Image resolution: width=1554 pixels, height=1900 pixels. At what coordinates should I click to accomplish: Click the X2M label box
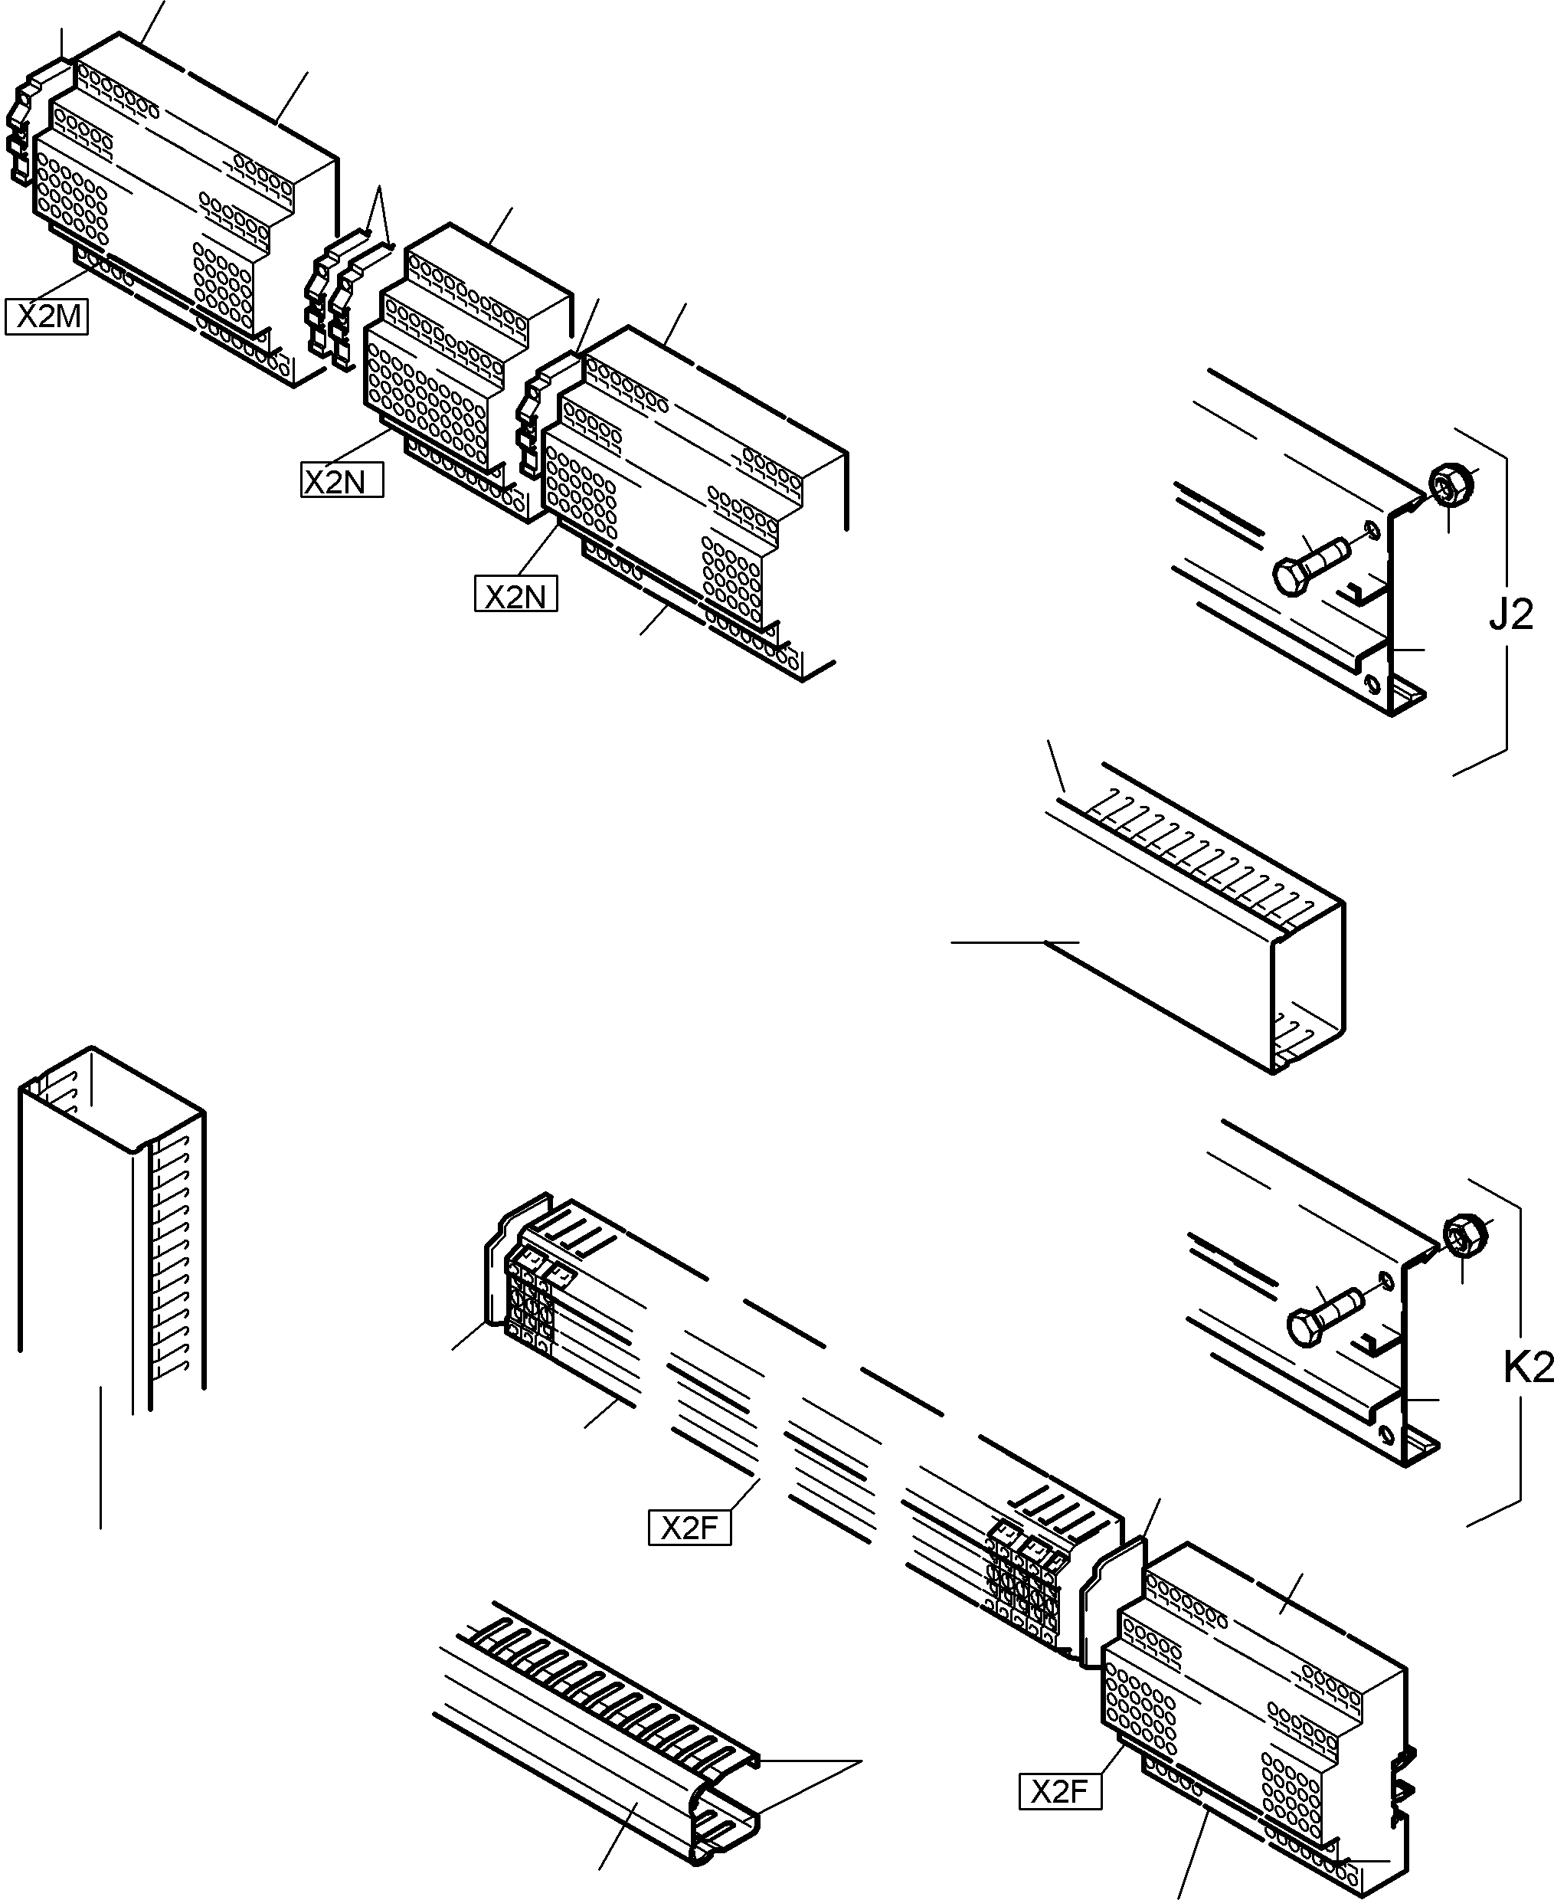47,317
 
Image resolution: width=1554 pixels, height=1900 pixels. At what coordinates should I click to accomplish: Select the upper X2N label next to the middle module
342,482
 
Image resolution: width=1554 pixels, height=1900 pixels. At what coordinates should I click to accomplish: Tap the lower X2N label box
515,595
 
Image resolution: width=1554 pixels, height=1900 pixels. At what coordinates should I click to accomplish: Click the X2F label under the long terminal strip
689,1528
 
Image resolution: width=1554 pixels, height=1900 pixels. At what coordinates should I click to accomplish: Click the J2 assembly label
1510,614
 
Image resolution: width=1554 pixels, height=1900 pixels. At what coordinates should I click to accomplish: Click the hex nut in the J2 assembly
1448,484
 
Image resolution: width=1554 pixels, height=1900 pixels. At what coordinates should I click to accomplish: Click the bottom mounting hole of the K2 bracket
1386,1434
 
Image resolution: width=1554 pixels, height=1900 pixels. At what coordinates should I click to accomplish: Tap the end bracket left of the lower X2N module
535,421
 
